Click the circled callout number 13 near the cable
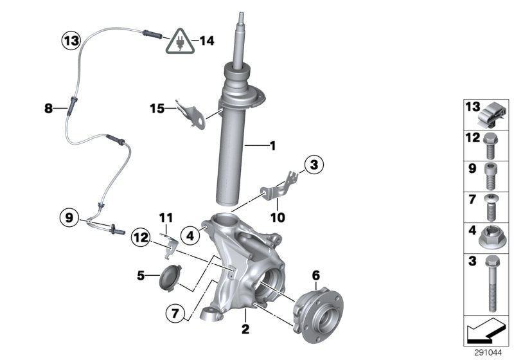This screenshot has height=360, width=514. [71, 41]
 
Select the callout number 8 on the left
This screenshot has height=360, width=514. [48, 109]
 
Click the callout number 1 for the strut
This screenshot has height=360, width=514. [272, 147]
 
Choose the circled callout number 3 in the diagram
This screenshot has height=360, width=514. [312, 166]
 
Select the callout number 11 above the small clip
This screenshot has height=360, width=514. [166, 219]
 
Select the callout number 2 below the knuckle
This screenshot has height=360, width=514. [245, 329]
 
